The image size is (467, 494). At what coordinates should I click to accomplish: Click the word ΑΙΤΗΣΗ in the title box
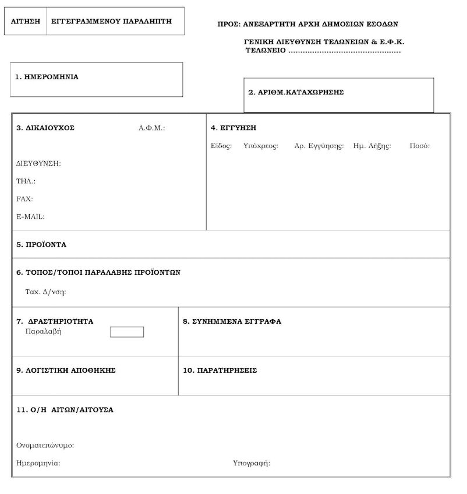[26, 20]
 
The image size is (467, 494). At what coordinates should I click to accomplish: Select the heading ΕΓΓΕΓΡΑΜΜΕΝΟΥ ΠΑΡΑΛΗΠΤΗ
[111, 20]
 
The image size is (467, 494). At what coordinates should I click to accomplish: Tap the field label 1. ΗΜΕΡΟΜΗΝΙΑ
[47, 76]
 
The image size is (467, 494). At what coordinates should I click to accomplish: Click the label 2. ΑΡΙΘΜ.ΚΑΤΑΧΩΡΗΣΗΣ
[296, 92]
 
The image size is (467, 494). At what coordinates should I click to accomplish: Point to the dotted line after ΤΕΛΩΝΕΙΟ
[344, 51]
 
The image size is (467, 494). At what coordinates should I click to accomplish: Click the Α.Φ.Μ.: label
[152, 128]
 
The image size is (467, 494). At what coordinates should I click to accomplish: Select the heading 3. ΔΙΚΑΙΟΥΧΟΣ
[45, 128]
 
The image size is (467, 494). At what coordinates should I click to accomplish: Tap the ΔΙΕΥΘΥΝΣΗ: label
[38, 164]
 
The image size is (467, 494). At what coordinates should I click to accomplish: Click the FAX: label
[24, 199]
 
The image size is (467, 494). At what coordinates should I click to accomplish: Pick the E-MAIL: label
[30, 216]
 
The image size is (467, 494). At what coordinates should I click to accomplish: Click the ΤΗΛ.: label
[26, 181]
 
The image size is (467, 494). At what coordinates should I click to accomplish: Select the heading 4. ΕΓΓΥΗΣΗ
[233, 128]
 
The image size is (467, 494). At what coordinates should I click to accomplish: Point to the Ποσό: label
[420, 146]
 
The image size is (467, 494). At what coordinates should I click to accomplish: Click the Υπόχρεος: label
[261, 146]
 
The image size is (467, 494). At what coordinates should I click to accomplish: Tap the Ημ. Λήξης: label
[372, 146]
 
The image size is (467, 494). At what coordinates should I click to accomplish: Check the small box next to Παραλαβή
[127, 332]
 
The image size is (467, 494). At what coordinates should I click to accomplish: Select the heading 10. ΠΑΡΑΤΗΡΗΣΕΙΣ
[220, 370]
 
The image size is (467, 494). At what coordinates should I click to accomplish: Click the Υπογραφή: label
[252, 464]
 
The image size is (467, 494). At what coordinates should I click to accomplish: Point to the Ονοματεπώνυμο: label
[45, 446]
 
